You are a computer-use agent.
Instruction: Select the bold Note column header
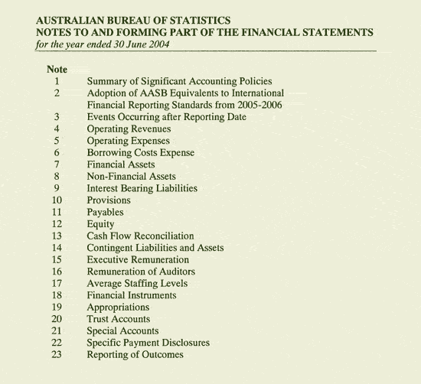pos(57,70)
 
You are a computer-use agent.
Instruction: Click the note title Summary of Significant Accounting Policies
pos(179,81)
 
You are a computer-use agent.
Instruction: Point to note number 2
pos(57,93)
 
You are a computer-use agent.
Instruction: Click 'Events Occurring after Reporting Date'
pos(166,117)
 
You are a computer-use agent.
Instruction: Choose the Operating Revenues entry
pos(129,129)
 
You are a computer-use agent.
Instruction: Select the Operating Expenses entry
pos(129,142)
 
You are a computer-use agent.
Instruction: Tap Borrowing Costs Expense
pos(140,153)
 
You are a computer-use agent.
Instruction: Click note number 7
pos(57,164)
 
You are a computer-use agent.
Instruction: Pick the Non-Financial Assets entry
pos(131,177)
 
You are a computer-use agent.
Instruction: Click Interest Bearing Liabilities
pos(142,188)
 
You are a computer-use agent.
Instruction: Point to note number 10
pos(57,200)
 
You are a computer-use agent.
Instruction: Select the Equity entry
pos(100,224)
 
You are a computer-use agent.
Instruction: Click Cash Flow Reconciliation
pos(140,236)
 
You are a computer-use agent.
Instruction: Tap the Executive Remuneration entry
pos(138,260)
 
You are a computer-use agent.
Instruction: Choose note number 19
pos(57,308)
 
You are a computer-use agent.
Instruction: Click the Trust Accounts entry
pos(119,319)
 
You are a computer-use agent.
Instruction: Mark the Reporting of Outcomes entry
pos(135,355)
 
